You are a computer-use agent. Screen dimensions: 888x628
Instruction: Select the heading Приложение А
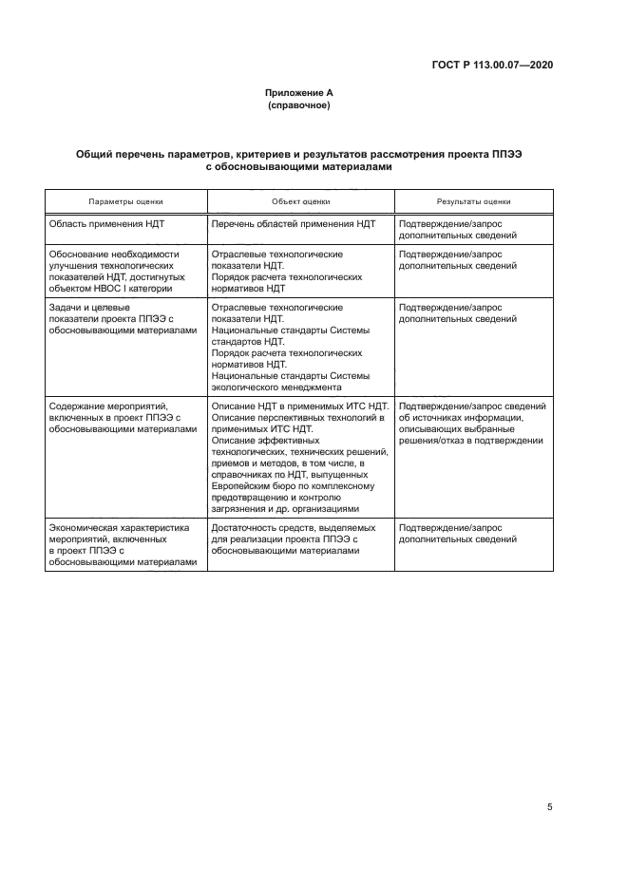coord(299,93)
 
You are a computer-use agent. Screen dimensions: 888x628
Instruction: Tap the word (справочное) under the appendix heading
coord(299,105)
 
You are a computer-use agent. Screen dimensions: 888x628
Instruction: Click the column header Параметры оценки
coord(126,201)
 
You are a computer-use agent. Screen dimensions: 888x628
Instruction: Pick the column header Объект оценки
coord(300,201)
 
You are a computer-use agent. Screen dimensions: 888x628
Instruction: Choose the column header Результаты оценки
coord(473,201)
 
